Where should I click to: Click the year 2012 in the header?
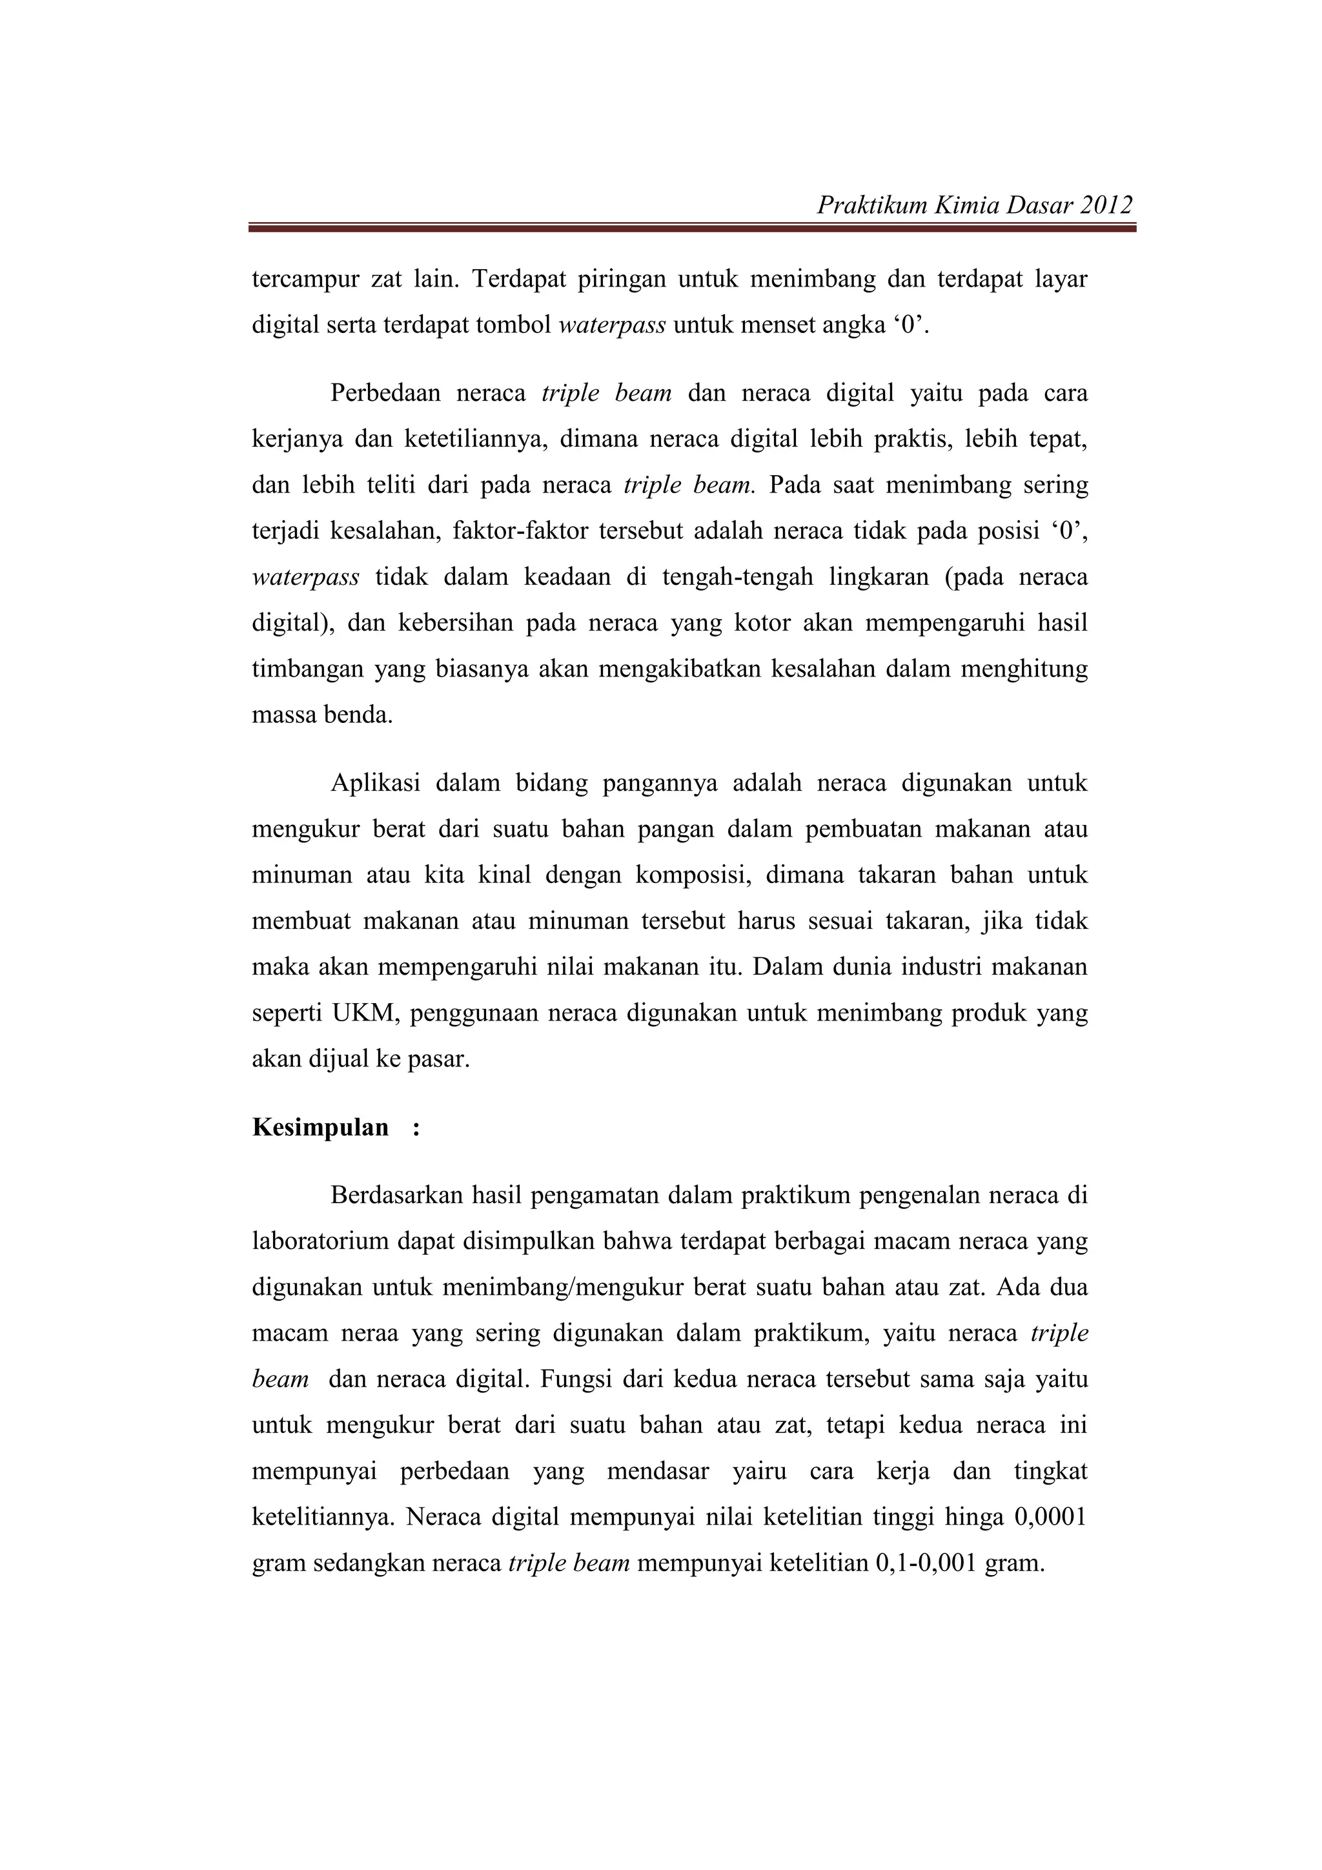click(1105, 205)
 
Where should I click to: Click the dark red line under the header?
click(693, 229)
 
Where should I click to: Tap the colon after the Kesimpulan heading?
click(416, 1128)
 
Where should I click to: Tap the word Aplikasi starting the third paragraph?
click(374, 783)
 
